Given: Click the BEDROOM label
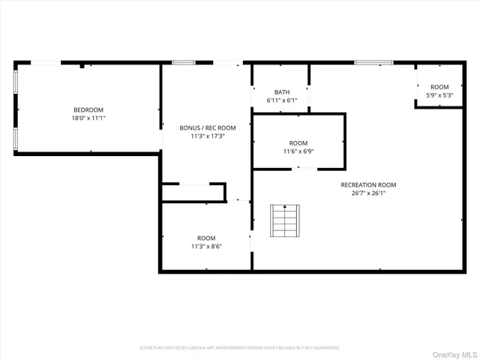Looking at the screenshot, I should coord(88,109).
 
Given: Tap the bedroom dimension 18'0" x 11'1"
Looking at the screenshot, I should coord(88,118).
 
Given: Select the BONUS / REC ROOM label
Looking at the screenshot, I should coord(207,127).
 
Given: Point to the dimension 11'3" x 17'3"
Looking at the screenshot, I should coord(207,136).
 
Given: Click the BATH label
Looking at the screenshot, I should coord(281,91).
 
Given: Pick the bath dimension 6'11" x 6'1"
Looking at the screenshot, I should coord(281,100).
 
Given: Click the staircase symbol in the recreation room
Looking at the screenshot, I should coord(284,220).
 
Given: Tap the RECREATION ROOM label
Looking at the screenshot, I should coord(368,184).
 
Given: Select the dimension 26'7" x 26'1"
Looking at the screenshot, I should coord(368,193).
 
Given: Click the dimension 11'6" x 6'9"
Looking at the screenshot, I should coord(298,151).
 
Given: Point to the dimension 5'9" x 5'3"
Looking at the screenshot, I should coord(439,95).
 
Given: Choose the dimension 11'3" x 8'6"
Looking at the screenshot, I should coord(206,246).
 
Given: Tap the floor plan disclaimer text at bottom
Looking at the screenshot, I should coord(240,348).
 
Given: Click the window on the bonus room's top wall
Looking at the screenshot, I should coord(184,62).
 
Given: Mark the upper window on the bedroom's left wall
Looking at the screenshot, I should coord(15,82).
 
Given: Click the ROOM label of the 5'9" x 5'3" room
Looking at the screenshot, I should coord(439,87).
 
